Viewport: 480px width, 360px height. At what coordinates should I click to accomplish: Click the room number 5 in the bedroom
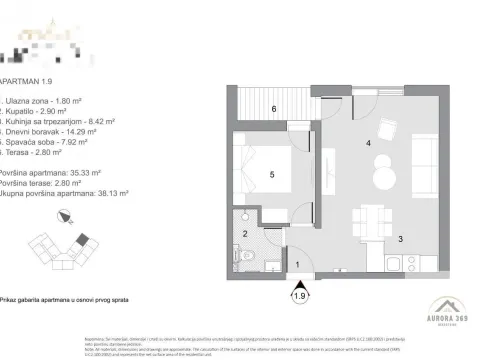pyautogui.click(x=273, y=174)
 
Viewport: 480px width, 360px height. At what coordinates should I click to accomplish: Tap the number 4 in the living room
pyautogui.click(x=368, y=144)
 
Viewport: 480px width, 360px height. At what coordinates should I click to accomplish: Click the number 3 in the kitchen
pyautogui.click(x=401, y=238)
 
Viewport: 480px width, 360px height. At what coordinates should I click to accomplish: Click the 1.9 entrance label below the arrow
pyautogui.click(x=299, y=296)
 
